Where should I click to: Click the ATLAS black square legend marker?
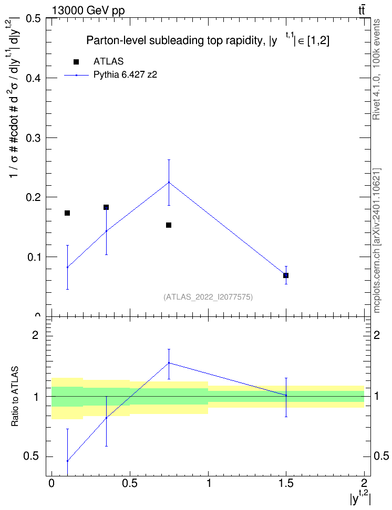point(76,62)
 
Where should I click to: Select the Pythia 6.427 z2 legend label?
point(126,75)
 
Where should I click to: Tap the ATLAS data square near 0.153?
point(169,225)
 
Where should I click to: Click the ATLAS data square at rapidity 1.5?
point(286,275)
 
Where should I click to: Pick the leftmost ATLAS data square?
point(67,213)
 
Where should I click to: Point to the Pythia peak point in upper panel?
point(169,182)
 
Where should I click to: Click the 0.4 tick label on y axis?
point(33,78)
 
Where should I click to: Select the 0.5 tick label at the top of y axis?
point(33,18)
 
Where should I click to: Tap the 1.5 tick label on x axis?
point(286,483)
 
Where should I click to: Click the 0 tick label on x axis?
point(51,483)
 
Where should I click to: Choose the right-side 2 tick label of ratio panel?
point(377,335)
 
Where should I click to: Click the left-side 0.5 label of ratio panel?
point(31,456)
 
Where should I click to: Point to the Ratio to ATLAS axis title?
point(15,397)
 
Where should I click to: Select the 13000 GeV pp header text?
point(88,10)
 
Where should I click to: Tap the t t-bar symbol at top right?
point(362,10)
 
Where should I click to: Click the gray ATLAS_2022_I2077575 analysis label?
point(208,297)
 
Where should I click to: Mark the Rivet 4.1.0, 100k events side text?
point(376,69)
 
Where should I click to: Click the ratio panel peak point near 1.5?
point(169,363)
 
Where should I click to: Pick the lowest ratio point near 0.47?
point(67,461)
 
